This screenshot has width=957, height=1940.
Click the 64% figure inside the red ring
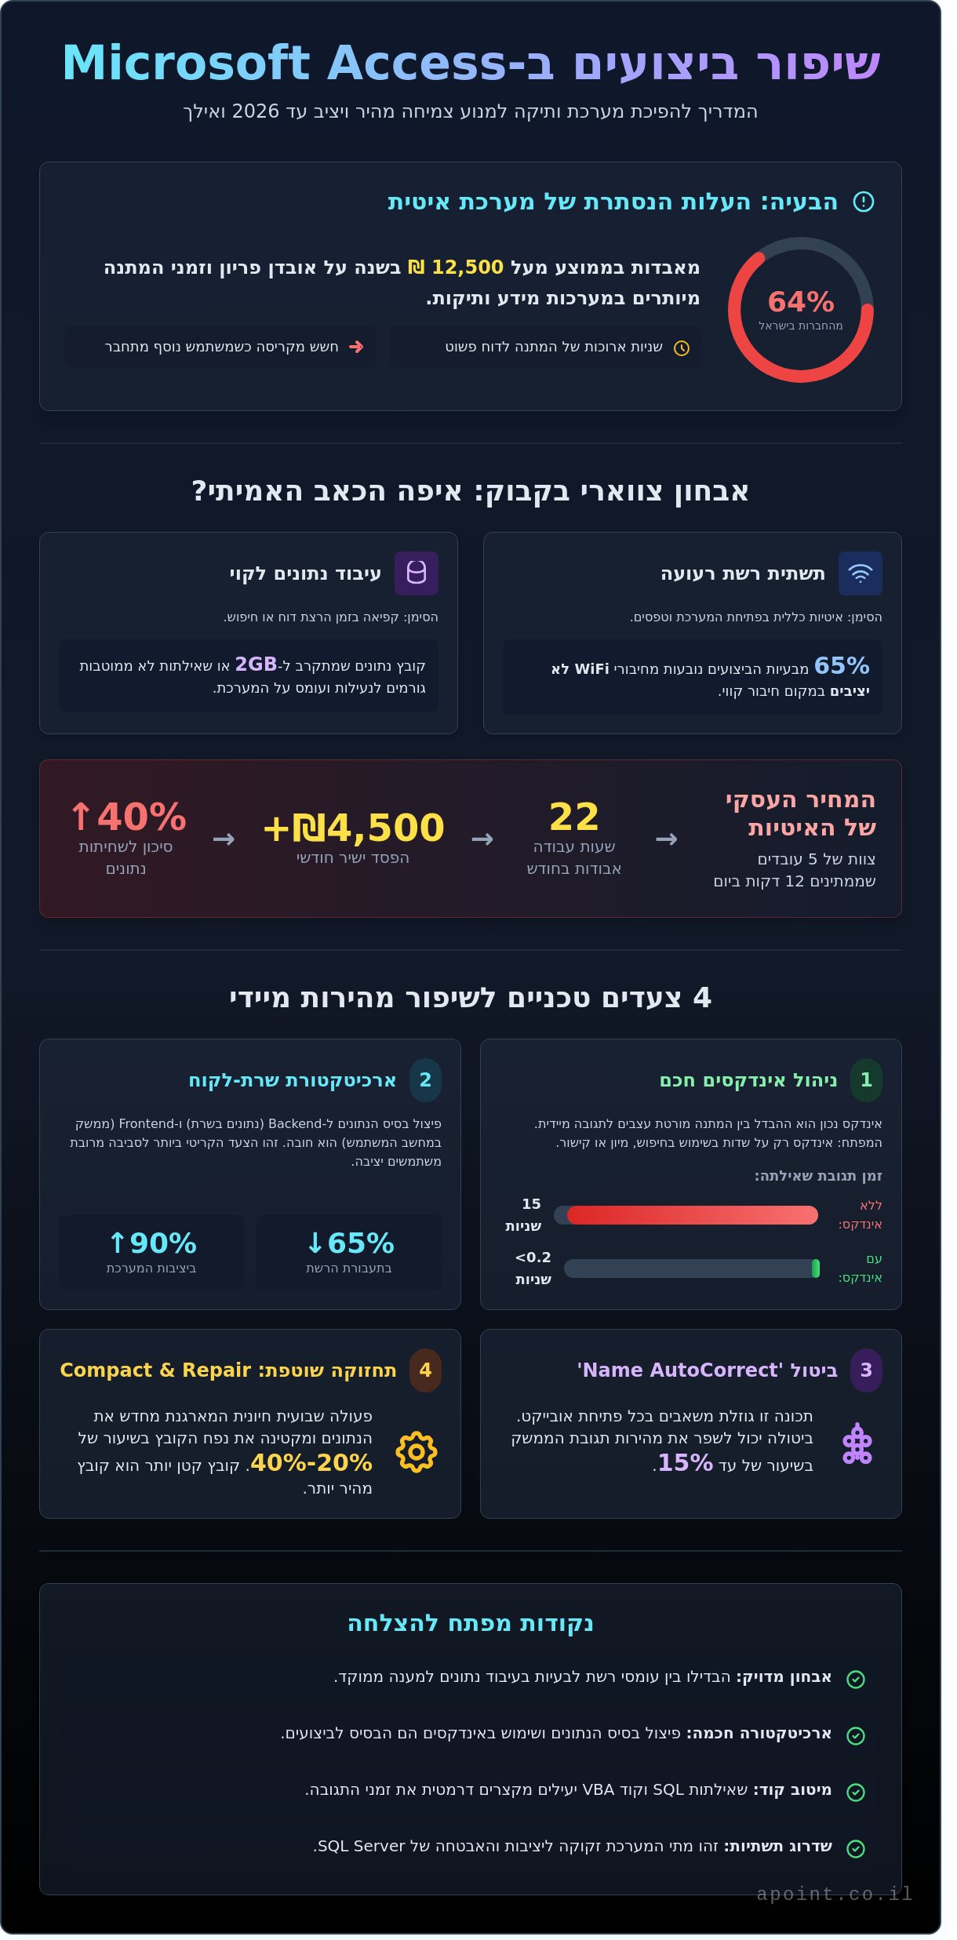800,302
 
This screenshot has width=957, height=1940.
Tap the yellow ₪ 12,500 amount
456,268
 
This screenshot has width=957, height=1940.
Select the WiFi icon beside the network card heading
860,573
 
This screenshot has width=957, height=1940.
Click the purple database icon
417,573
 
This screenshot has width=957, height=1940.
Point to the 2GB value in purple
256,664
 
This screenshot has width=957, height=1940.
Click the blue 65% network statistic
842,666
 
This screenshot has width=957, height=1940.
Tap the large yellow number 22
574,817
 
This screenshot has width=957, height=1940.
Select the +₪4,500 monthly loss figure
353,828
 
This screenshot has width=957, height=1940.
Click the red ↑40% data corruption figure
128,817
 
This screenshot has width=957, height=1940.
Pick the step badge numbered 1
866,1080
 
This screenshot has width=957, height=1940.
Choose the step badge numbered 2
425,1080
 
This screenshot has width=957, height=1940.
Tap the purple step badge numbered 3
866,1370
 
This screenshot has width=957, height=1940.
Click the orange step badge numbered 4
425,1370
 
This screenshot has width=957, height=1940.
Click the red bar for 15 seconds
692,1215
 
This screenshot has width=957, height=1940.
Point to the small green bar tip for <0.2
816,1268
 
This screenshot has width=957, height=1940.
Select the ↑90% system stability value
152,1243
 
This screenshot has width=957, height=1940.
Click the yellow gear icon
417,1452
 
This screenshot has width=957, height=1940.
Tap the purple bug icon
857,1444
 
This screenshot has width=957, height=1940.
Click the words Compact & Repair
155,1370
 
